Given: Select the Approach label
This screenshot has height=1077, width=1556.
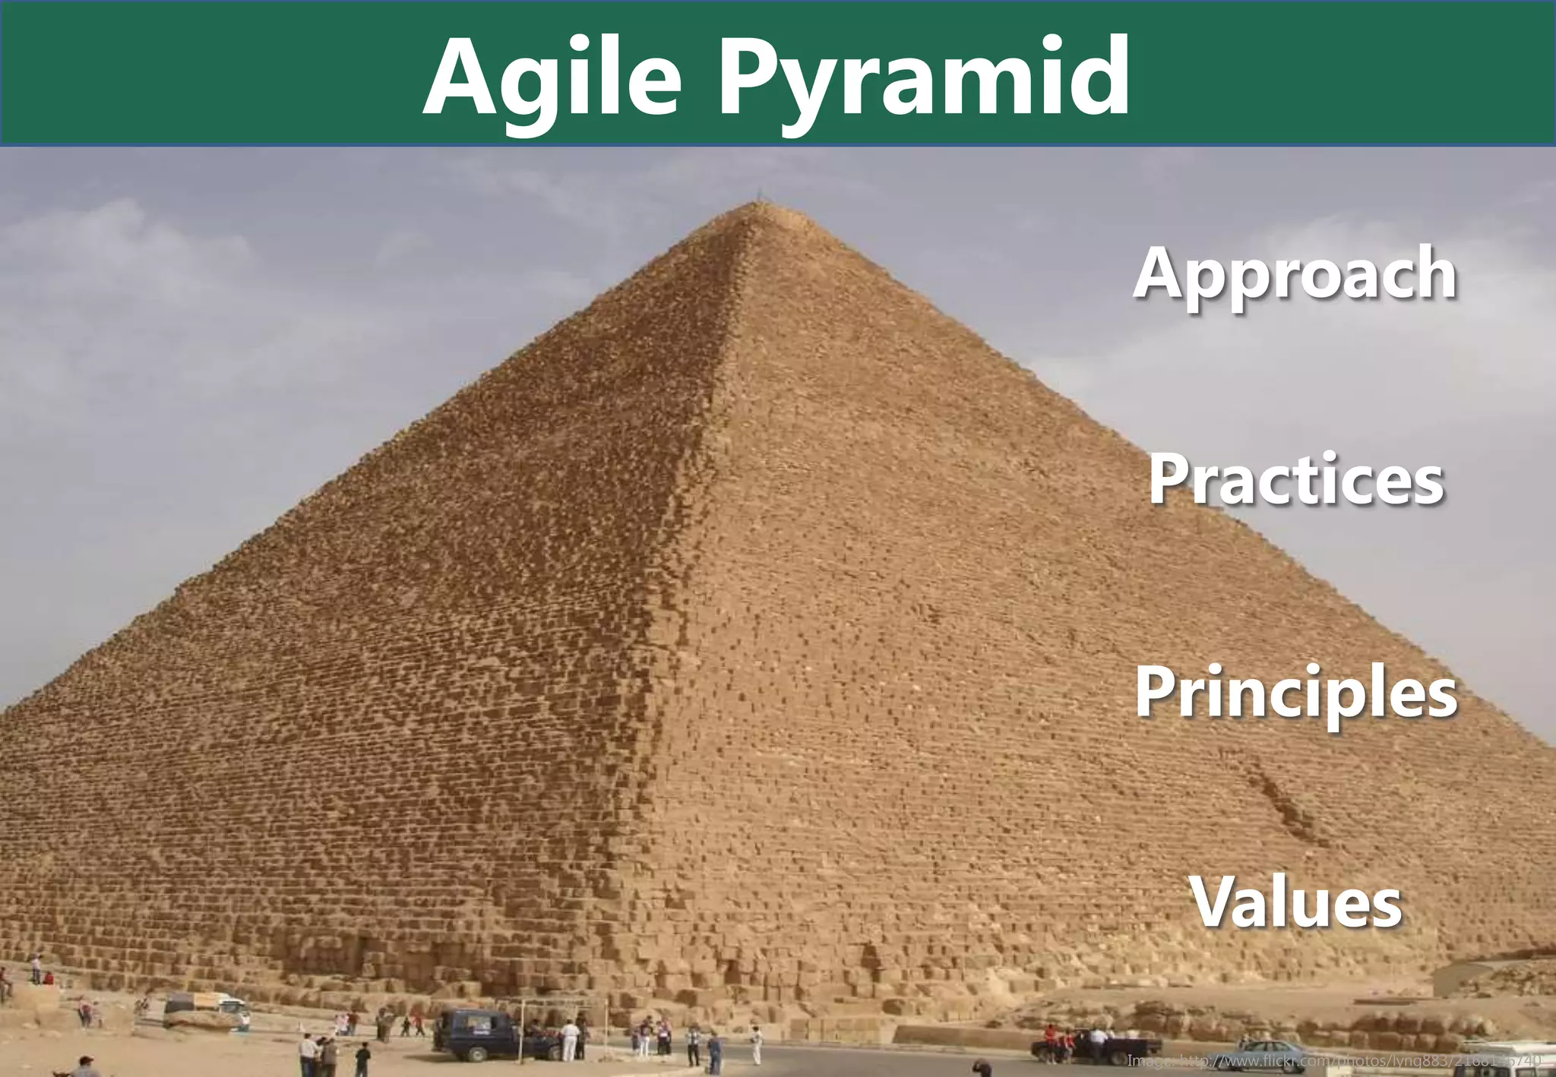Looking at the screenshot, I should [x=1295, y=273].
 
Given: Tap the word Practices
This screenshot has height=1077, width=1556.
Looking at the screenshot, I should [x=1296, y=479].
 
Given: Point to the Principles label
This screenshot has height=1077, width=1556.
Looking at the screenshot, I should [x=1296, y=692].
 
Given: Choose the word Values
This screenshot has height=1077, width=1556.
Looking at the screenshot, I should [x=1296, y=902].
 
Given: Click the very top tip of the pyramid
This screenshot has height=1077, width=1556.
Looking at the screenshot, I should [x=757, y=204].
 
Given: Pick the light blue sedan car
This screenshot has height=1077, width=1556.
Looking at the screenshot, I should [x=1276, y=1051].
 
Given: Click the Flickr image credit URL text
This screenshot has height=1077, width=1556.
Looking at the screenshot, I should [x=1333, y=1060].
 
